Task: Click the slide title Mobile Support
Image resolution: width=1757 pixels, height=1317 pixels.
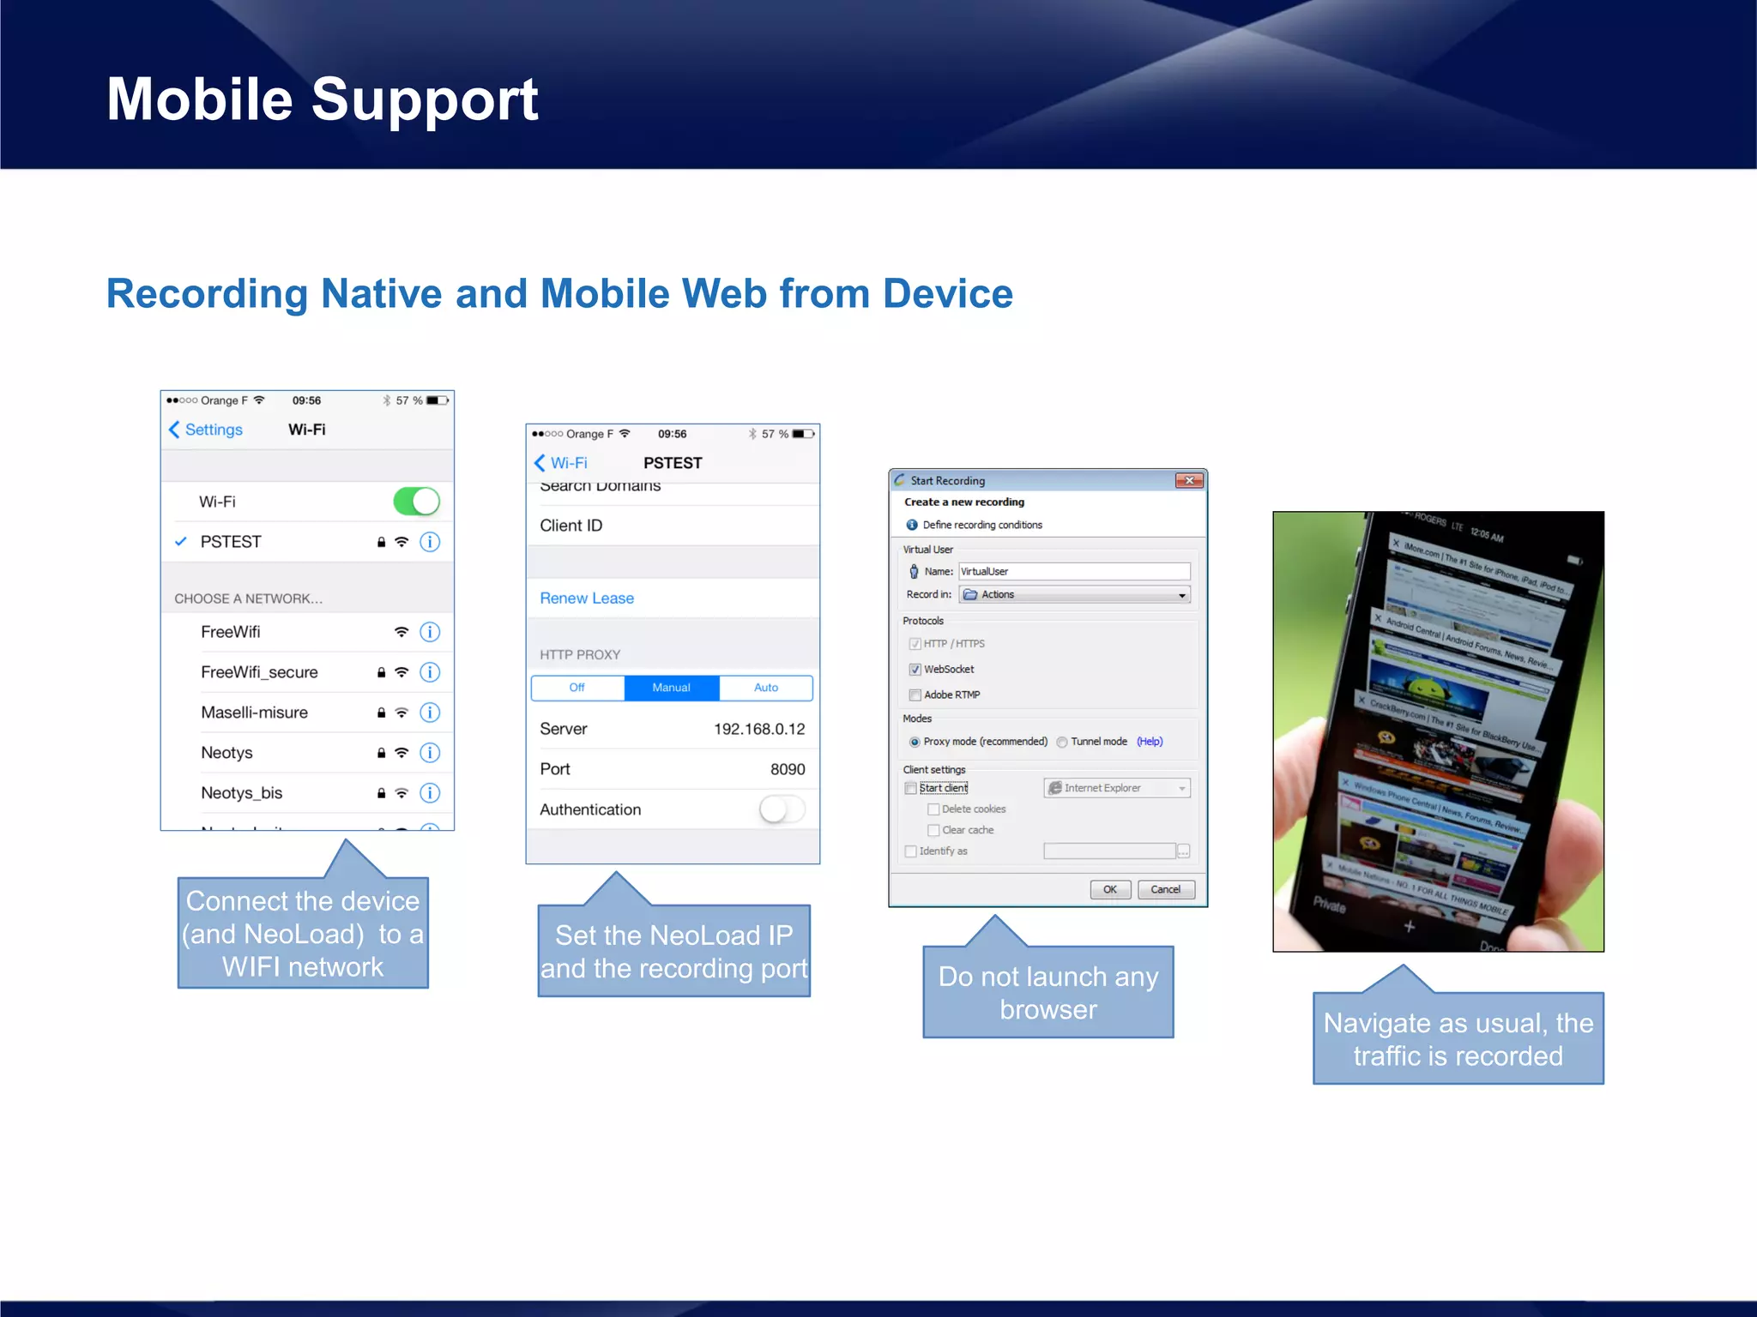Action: (x=322, y=99)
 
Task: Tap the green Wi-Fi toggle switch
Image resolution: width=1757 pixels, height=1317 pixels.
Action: (x=416, y=502)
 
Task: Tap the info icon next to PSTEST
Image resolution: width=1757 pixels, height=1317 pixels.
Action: (x=430, y=542)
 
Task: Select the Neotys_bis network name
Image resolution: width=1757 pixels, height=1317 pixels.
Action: (x=241, y=793)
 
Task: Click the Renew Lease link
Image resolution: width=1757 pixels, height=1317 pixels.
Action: (x=587, y=598)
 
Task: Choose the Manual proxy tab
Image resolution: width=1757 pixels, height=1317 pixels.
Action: (x=671, y=688)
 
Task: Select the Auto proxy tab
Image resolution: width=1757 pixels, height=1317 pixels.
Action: (x=765, y=688)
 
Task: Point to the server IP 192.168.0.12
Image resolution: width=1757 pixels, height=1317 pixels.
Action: (x=759, y=729)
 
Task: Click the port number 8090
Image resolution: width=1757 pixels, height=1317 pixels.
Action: (x=787, y=769)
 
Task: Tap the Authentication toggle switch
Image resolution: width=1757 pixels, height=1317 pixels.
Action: (x=781, y=809)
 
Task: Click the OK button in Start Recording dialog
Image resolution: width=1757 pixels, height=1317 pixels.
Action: (x=1110, y=889)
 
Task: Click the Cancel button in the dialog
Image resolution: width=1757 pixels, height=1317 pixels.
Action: (x=1165, y=889)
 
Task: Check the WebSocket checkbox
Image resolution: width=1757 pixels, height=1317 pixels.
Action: (x=915, y=670)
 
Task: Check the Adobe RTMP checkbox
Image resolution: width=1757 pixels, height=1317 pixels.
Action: (x=915, y=695)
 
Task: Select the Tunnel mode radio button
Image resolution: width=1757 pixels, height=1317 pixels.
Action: (x=1062, y=743)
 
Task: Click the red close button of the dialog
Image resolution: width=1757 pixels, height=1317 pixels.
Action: (x=1189, y=481)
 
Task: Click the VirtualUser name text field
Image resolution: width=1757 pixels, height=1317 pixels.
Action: (x=1073, y=571)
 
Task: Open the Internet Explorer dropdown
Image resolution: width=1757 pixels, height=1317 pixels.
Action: (x=1116, y=788)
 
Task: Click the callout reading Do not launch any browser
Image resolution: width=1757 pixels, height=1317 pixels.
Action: (x=1048, y=992)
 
